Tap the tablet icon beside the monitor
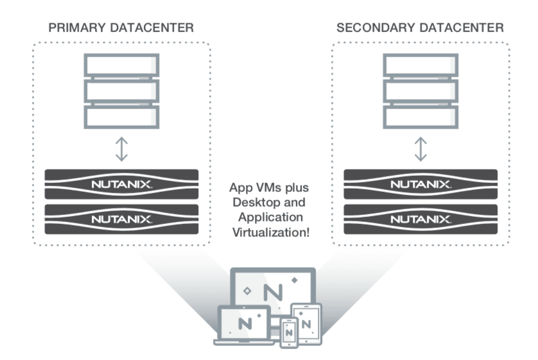click(x=306, y=321)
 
